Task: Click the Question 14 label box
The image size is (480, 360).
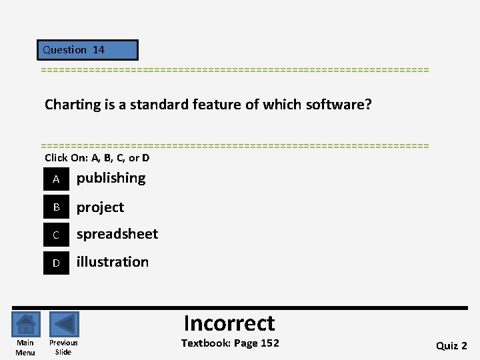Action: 87,50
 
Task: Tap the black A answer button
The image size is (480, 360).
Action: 57,179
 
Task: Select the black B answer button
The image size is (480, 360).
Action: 57,207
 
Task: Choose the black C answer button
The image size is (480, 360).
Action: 57,235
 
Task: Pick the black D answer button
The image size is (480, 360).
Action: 57,263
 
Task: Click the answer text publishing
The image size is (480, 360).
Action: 111,178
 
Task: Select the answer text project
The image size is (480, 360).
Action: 100,207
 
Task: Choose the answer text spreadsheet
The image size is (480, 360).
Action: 117,234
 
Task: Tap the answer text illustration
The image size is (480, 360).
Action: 113,262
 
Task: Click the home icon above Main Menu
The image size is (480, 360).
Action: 25,325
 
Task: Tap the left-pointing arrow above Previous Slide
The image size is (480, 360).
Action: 64,325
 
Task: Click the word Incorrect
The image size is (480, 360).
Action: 229,323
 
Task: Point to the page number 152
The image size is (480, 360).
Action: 269,343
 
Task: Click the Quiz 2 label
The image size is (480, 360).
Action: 451,345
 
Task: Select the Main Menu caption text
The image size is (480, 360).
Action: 25,347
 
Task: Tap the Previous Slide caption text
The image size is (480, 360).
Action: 63,347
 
